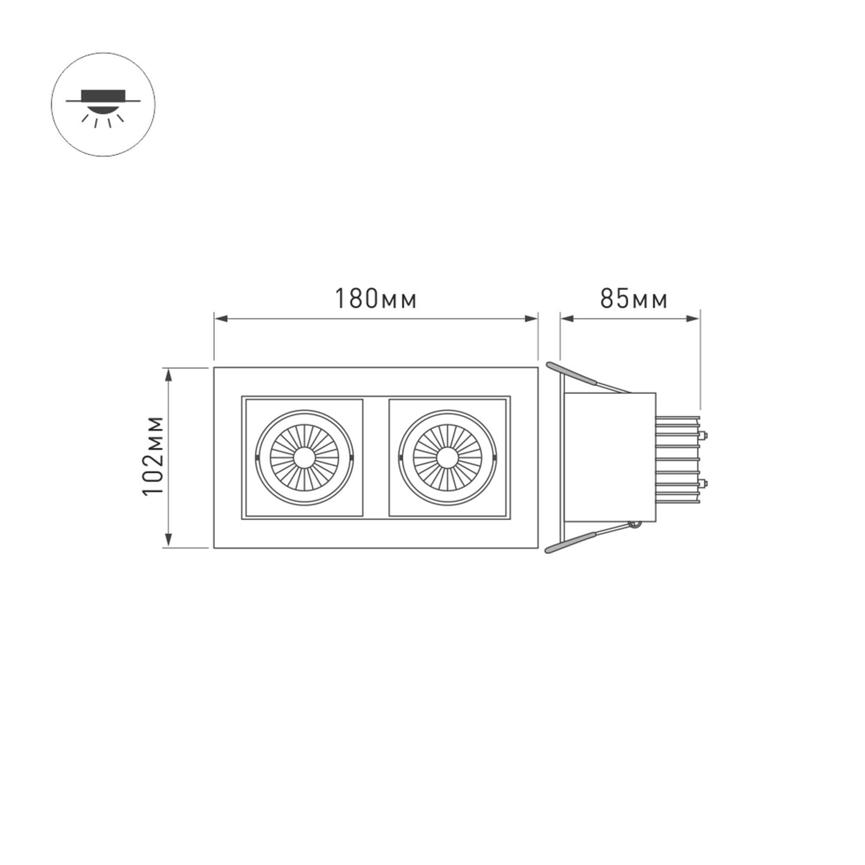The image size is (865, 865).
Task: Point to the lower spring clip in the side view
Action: point(586,538)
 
